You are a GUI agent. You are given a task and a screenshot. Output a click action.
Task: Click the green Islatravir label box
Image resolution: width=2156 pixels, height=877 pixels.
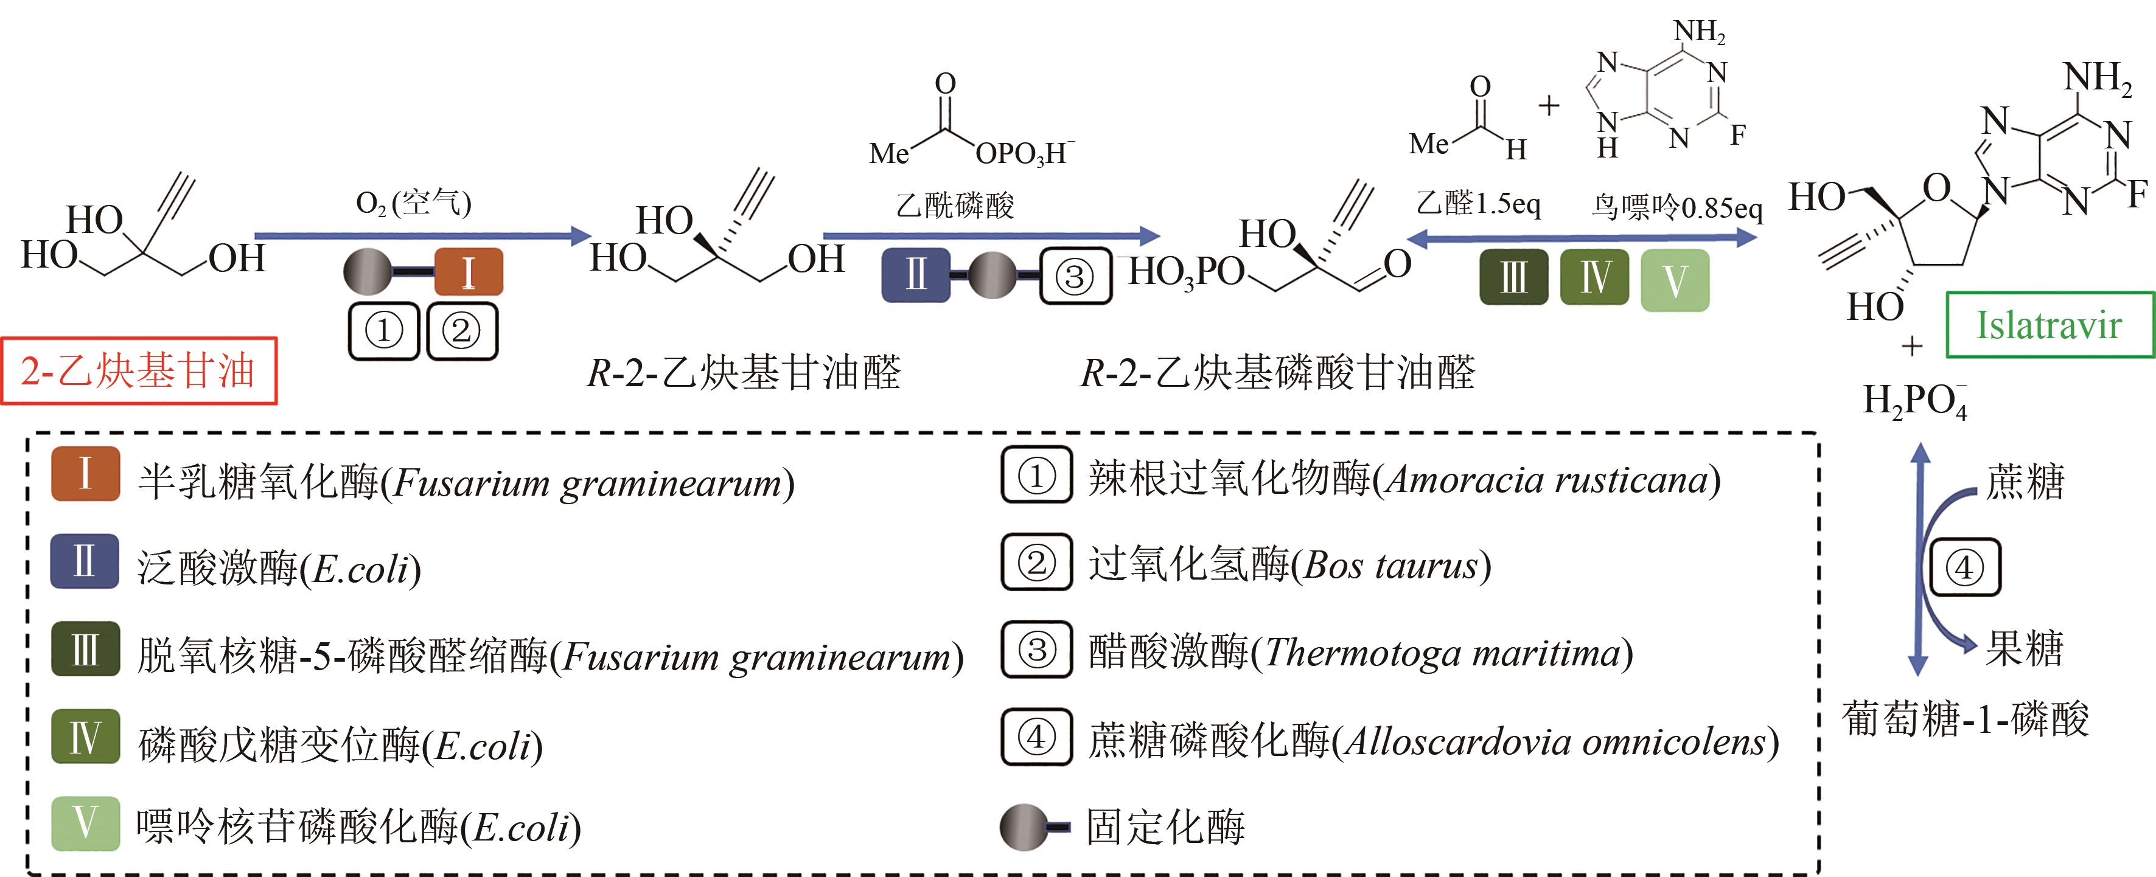(x=2048, y=325)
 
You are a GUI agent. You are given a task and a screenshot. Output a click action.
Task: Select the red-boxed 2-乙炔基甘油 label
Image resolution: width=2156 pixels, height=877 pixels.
(x=138, y=372)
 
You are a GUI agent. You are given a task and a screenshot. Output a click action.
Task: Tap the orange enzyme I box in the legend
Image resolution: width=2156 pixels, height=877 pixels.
(x=85, y=474)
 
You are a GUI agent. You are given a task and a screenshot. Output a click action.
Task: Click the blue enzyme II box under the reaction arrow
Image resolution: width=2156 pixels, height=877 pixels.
(x=916, y=274)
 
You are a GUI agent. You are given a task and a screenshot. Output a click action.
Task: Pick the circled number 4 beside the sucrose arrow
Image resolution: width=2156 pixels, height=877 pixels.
(x=1964, y=568)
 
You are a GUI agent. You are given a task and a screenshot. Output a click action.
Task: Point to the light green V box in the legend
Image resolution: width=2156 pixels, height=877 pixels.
(x=85, y=823)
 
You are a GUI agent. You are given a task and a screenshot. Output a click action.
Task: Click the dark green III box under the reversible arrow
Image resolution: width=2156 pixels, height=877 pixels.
(x=1513, y=277)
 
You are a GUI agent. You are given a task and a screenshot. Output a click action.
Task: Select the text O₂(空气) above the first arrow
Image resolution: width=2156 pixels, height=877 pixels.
(x=413, y=203)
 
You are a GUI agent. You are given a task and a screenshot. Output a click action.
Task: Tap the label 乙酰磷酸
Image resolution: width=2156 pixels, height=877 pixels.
(x=955, y=205)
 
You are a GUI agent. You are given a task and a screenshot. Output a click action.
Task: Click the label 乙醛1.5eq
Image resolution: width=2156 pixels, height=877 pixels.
(x=1478, y=203)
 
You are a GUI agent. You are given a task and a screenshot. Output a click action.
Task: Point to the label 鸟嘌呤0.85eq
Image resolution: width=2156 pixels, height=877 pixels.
(x=1676, y=207)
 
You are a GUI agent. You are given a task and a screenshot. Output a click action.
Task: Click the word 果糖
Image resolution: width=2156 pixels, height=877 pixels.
(x=2025, y=648)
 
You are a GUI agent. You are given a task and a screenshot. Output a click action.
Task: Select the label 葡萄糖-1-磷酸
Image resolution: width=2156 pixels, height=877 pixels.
(x=1965, y=719)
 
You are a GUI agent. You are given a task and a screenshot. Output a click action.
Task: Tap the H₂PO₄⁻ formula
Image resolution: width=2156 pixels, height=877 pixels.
(x=1914, y=401)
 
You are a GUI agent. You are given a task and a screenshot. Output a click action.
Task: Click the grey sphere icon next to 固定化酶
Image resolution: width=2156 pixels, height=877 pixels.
(x=1023, y=827)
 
